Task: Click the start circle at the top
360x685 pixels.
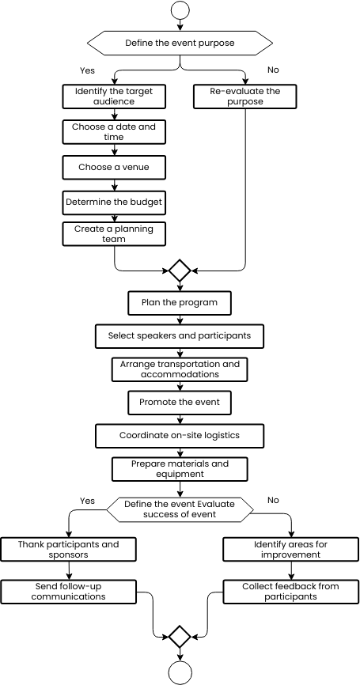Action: tap(180, 9)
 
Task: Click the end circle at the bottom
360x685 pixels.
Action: tap(180, 673)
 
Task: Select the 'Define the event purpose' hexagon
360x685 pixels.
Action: tap(180, 43)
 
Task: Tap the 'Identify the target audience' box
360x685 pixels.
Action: tap(114, 97)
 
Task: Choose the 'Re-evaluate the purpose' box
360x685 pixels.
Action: tap(245, 97)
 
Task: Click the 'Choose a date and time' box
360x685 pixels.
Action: tap(114, 132)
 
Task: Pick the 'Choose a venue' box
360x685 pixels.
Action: tap(114, 168)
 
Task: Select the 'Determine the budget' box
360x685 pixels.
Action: tap(114, 202)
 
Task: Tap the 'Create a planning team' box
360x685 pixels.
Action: tap(114, 233)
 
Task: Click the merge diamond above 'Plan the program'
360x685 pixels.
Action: tap(180, 271)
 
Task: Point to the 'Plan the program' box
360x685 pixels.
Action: tap(180, 303)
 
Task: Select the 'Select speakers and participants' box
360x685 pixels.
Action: tap(180, 336)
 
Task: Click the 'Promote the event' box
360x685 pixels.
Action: tap(180, 403)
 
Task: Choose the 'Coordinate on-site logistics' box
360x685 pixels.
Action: tap(180, 436)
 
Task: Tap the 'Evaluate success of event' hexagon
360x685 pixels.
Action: tap(180, 509)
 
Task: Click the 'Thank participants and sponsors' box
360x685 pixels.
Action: tap(68, 550)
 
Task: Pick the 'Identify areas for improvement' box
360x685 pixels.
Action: tap(291, 550)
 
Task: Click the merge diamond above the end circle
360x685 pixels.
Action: tap(180, 637)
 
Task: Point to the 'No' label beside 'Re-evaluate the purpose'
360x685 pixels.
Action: tap(273, 70)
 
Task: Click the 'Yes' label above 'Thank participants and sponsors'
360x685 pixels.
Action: tap(87, 501)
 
